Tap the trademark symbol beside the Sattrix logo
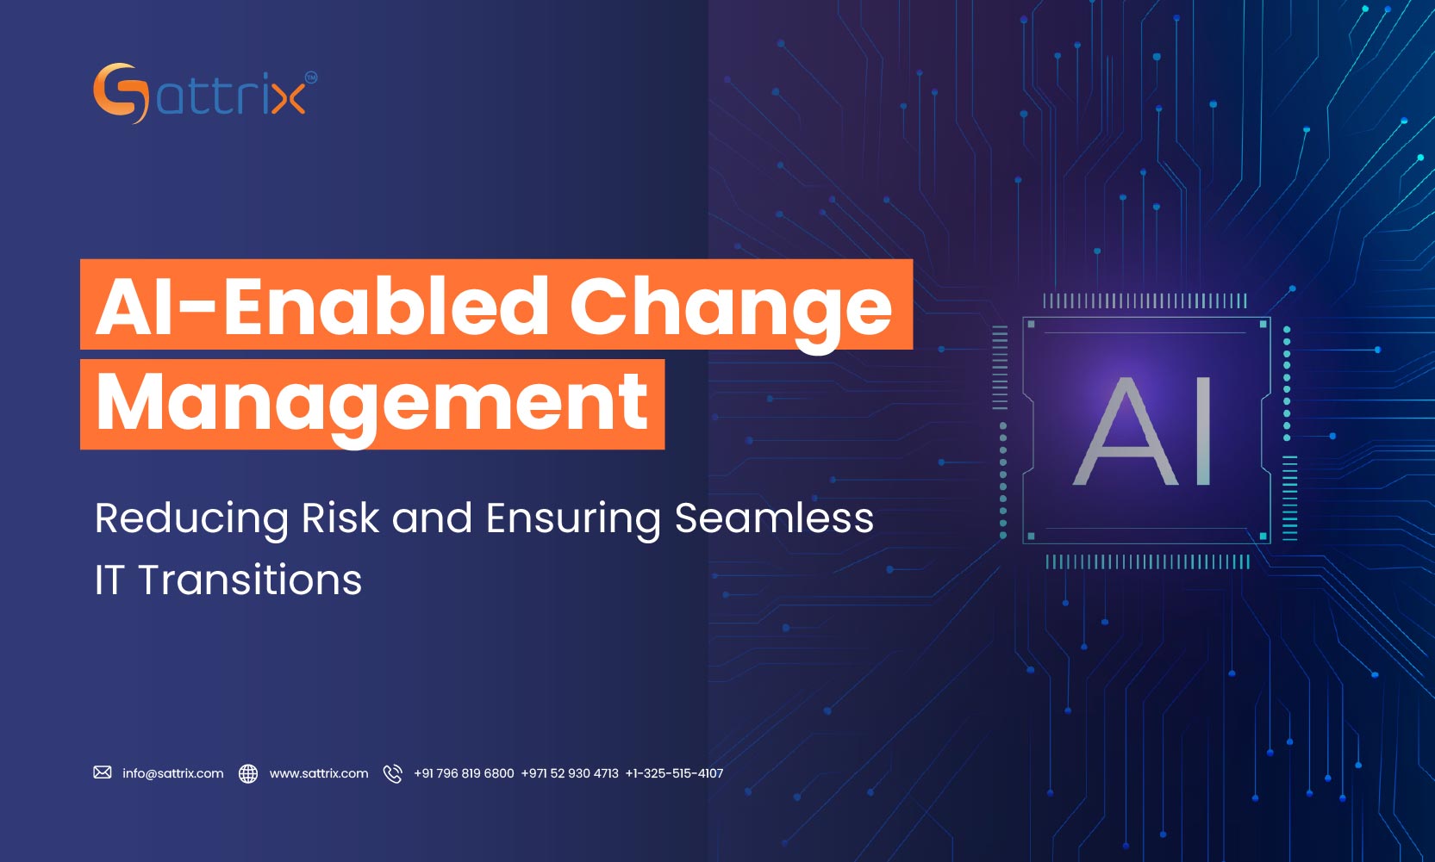[311, 78]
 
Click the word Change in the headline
[730, 307]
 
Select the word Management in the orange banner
[371, 403]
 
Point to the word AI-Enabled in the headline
[321, 307]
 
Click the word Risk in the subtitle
[340, 518]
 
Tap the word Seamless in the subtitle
[773, 518]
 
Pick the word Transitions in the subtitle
[250, 580]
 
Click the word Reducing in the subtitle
[191, 518]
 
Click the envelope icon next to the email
[103, 772]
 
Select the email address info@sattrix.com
[172, 773]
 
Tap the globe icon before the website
[248, 773]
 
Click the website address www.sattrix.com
[318, 773]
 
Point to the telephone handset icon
[392, 773]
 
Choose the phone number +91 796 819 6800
[464, 773]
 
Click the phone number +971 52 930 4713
[570, 773]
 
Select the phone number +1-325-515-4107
[674, 773]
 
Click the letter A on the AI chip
[1126, 431]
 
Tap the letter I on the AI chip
[1204, 431]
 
